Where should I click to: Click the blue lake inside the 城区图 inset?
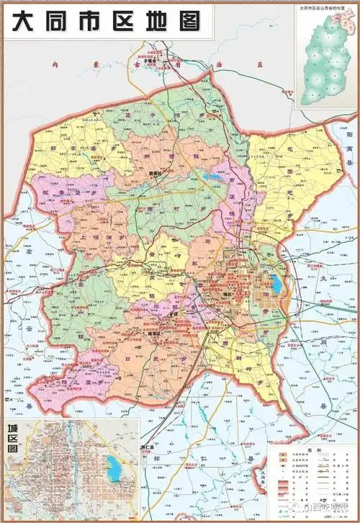(x=114, y=468)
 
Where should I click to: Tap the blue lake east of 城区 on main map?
(x=276, y=283)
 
